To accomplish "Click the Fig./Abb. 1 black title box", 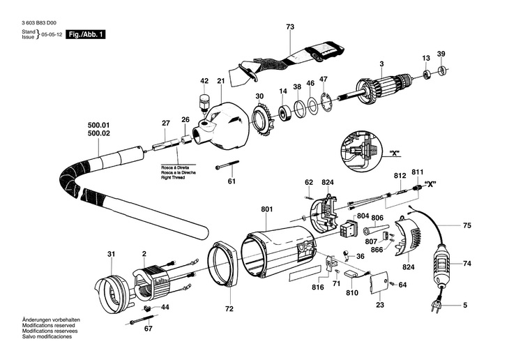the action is pos(86,34).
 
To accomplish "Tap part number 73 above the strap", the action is pos(290,27).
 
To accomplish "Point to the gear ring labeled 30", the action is pos(263,119).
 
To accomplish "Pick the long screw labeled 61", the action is pos(227,165).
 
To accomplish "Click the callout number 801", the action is pos(267,209).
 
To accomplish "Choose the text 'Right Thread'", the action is pos(173,178).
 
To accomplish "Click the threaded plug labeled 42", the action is pos(204,103).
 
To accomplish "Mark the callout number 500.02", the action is pos(99,133).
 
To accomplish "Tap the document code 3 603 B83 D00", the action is pos(39,23).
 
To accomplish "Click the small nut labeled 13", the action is pos(427,74).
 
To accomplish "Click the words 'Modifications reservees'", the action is pos(50,331).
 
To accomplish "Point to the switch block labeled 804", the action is pos(348,227).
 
